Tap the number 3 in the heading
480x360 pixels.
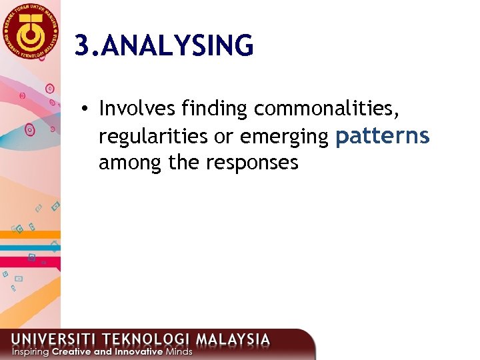(81, 46)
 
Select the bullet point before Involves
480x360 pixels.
(87, 108)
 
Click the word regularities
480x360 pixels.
(153, 136)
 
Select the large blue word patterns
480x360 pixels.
(383, 135)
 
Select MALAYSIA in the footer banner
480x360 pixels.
(237, 339)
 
